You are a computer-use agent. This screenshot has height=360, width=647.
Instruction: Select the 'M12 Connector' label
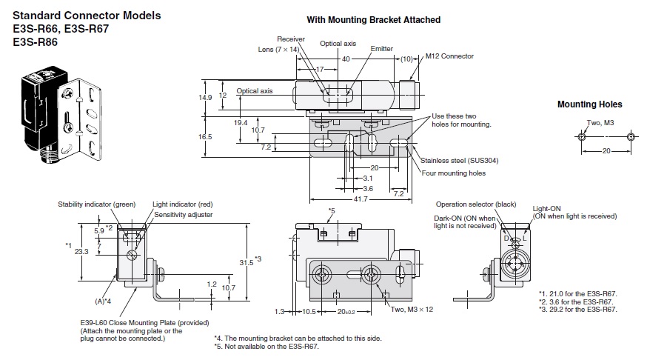(449, 56)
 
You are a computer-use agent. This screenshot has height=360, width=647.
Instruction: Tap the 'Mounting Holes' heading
(589, 104)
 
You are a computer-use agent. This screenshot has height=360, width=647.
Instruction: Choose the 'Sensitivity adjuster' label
(184, 214)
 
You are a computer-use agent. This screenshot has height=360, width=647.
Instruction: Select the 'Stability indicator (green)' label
(96, 204)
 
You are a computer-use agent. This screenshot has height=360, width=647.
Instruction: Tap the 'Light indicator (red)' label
(183, 204)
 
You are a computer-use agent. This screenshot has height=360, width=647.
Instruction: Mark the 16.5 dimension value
(205, 137)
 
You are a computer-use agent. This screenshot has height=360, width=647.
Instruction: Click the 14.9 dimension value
(205, 97)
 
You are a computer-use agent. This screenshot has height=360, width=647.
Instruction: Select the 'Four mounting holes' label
(453, 173)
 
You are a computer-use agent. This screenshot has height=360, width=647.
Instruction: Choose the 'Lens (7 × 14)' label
(278, 48)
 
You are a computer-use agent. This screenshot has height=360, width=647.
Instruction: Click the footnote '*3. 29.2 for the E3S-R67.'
(577, 310)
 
